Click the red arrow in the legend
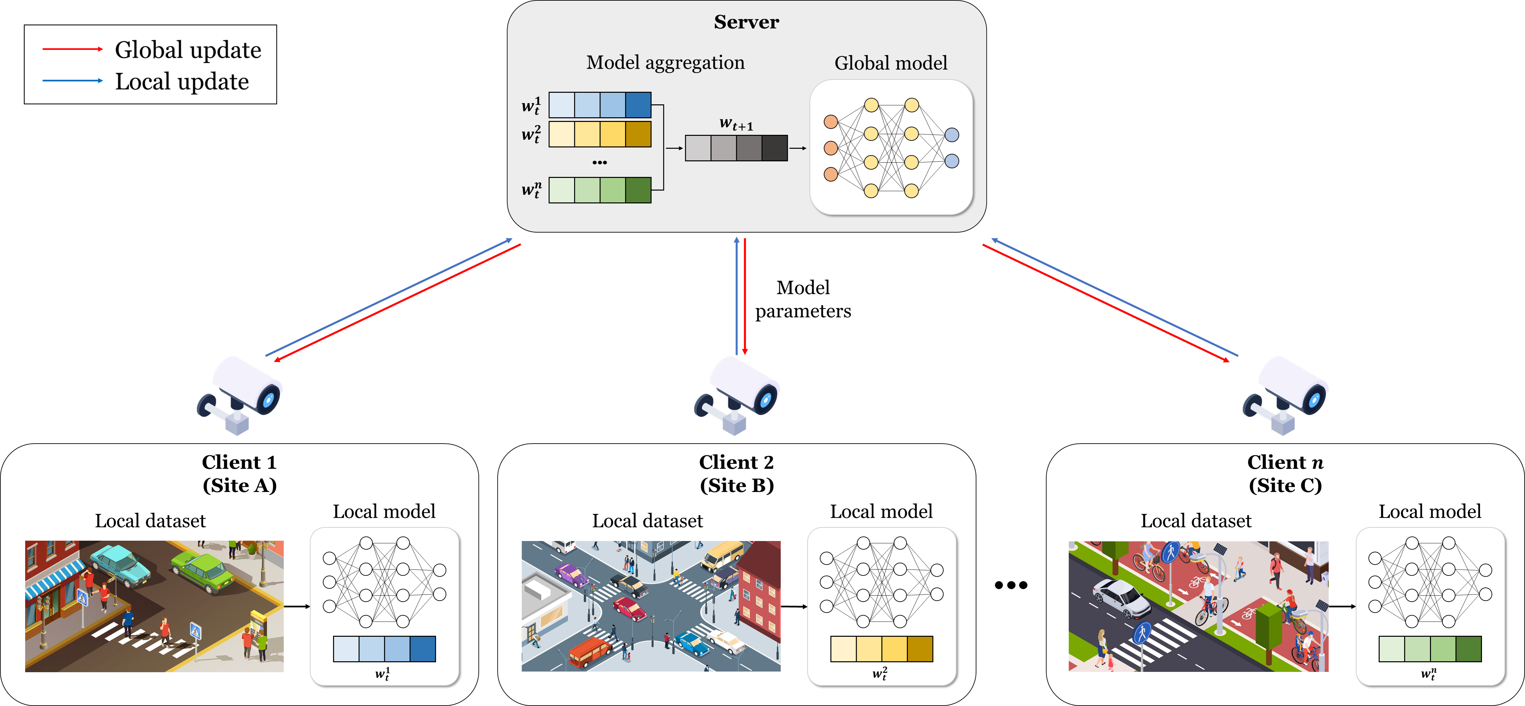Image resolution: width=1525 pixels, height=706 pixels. [72, 49]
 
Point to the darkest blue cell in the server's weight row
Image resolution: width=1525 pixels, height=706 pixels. [638, 105]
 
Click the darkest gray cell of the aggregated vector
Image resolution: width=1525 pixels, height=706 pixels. [774, 148]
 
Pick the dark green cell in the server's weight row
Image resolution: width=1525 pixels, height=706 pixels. [638, 190]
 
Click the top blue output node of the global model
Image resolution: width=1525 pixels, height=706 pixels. [951, 135]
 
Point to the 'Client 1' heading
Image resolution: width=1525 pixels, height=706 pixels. [239, 462]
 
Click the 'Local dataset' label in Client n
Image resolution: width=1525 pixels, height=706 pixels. [1196, 521]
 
